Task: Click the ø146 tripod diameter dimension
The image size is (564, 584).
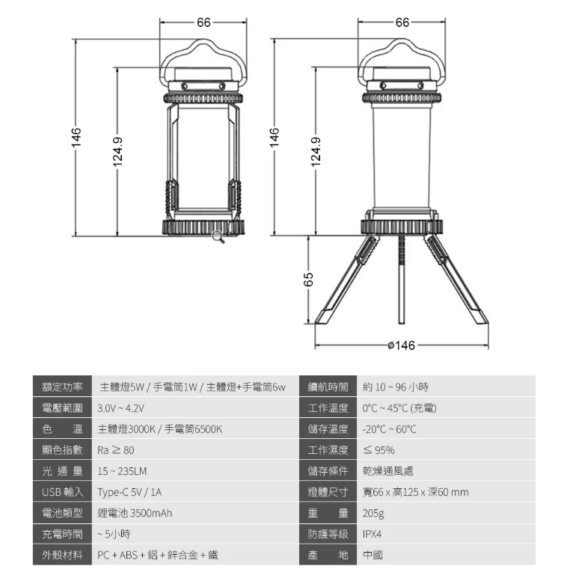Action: (401, 345)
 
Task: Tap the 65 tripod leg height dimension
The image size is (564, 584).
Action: (308, 280)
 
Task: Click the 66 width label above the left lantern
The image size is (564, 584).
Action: (203, 22)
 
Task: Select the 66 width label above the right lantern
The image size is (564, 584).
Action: (402, 22)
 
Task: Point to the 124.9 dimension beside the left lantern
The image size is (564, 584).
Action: (117, 152)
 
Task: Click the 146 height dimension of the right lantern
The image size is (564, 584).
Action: (275, 137)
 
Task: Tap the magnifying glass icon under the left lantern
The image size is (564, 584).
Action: (218, 237)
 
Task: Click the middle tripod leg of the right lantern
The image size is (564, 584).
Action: (401, 280)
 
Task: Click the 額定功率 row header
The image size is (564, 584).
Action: (62, 387)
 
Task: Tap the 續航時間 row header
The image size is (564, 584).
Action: (328, 387)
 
